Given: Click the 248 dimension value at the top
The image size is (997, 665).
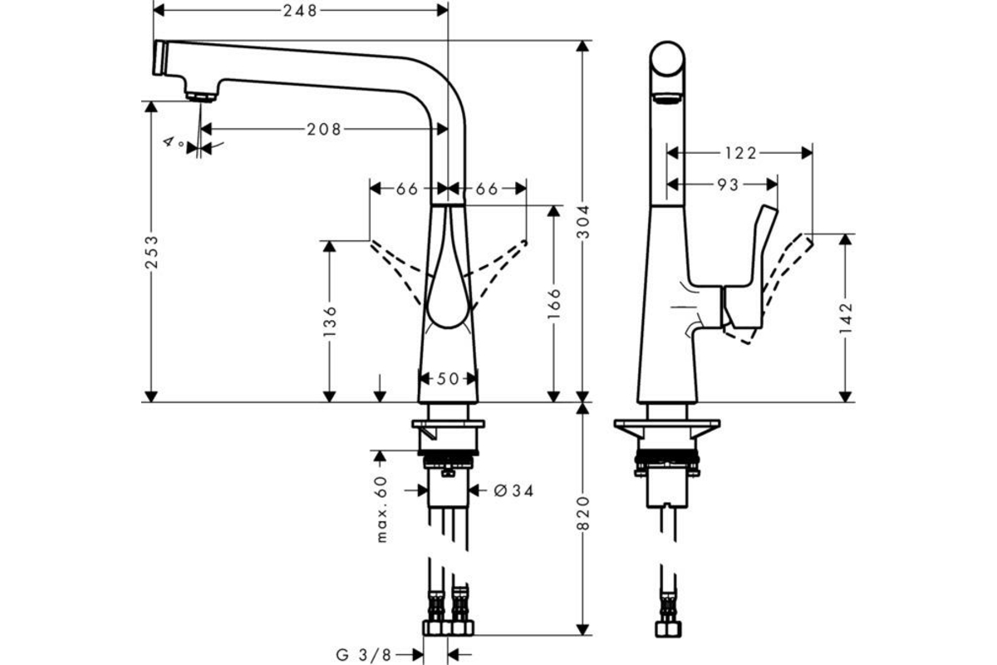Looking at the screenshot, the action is (301, 10).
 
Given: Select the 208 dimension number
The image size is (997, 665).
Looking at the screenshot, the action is (324, 129).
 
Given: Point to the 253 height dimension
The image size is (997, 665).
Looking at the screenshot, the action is (152, 252).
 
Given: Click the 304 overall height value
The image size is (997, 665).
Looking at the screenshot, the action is (583, 221).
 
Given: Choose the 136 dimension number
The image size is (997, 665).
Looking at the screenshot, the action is (330, 321).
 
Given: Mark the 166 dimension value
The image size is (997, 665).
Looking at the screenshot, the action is (553, 303).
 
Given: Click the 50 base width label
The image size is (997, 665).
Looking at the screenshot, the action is (448, 378).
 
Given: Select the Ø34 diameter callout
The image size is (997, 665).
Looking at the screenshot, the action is (513, 490).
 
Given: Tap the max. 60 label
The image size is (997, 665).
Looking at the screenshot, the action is (382, 509).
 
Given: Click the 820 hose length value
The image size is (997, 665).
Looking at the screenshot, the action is (583, 513).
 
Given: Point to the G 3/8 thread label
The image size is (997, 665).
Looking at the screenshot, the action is (364, 655).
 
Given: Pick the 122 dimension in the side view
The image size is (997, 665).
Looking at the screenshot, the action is (740, 153).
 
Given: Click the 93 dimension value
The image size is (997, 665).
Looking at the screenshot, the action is (728, 185).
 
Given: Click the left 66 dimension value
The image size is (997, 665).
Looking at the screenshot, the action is (407, 189).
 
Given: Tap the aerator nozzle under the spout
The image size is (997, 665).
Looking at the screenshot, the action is (201, 97).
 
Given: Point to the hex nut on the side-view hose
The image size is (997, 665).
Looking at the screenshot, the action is (668, 629).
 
